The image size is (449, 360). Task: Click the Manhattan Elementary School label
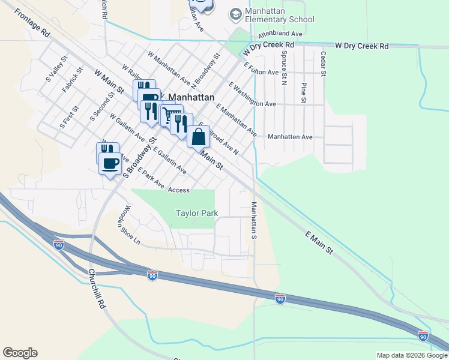click(280, 16)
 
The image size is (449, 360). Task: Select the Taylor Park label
click(196, 213)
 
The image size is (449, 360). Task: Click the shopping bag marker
click(198, 137)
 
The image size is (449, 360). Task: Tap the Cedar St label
click(323, 64)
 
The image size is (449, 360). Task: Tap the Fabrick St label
click(71, 83)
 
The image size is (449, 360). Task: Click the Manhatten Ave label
click(290, 137)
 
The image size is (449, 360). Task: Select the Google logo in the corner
click(20, 353)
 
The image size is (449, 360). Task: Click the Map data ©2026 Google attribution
click(411, 355)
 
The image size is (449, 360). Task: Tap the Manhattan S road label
click(254, 217)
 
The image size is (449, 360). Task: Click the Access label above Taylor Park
click(179, 190)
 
